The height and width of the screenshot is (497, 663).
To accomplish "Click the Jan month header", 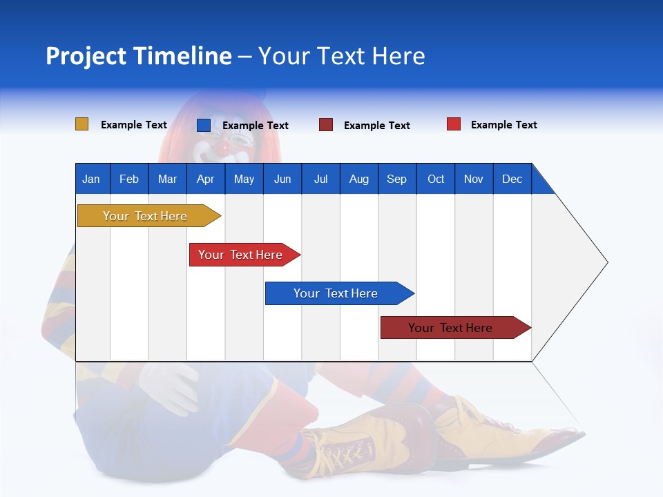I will (91, 179).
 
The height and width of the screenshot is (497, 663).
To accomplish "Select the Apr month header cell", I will (205, 179).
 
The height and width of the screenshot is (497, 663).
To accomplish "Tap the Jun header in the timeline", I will (282, 179).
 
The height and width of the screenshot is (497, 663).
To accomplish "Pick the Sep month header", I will (396, 179).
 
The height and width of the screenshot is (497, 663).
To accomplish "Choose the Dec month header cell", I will (512, 179).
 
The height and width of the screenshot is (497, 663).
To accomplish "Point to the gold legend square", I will (81, 124).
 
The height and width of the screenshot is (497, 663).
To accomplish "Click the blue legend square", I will (203, 125).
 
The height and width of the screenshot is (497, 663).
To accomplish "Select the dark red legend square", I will (325, 125).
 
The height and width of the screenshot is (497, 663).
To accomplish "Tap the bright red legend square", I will (453, 124).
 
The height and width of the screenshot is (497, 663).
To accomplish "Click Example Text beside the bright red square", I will (503, 125).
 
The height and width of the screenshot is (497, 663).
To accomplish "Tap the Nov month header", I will (473, 179).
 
